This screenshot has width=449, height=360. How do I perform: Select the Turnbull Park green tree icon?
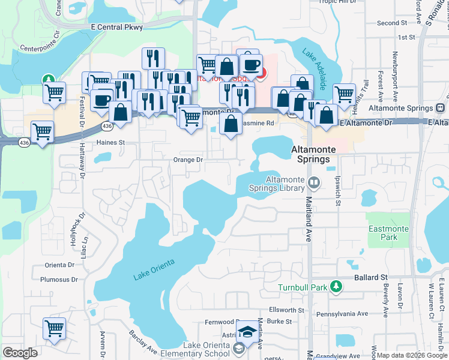[x=337, y=286]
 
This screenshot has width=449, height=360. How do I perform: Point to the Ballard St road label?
[x=370, y=278]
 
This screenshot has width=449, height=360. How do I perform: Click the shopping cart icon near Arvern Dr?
[x=54, y=329]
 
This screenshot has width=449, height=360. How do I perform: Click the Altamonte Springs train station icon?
[x=440, y=109]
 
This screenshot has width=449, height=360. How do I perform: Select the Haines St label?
[x=110, y=143]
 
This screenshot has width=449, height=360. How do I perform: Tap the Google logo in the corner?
[x=20, y=353]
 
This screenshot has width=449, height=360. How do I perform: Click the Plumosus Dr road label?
[x=59, y=280]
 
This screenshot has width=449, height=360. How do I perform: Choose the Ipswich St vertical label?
[x=338, y=191]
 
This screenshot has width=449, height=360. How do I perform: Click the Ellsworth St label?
[x=287, y=310]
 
